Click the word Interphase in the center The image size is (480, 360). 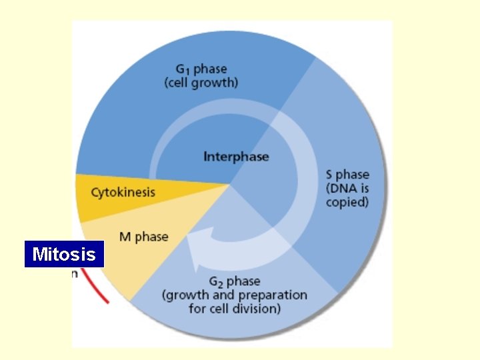coord(236,157)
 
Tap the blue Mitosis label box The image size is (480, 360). coord(64,254)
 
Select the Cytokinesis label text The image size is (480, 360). coord(123,193)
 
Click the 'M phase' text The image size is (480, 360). coord(143,237)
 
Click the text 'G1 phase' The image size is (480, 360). coord(201,69)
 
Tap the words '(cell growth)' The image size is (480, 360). coord(201,83)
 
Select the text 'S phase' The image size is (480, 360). coord(347,175)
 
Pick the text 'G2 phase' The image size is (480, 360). coord(233,281)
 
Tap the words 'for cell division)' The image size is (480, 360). coord(235,309)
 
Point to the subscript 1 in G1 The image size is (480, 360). coord(188,71)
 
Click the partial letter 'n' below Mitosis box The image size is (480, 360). coord(75,273)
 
